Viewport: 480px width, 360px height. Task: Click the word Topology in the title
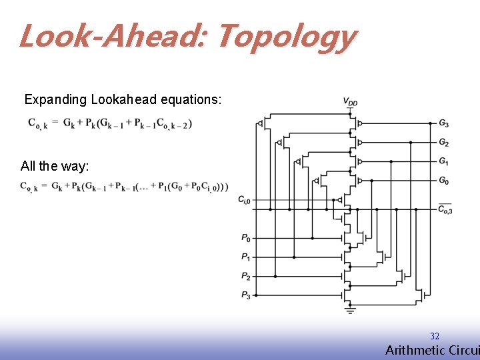287,37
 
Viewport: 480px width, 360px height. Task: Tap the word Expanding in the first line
55,100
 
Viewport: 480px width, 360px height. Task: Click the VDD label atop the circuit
350,102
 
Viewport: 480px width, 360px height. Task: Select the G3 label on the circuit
444,123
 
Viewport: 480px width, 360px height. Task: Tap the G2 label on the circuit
444,143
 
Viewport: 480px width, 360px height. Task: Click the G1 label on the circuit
444,161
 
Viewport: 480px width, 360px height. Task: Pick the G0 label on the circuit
444,180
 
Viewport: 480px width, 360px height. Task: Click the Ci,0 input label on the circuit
245,199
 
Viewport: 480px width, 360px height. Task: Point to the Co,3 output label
445,209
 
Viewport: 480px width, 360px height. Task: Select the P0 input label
246,237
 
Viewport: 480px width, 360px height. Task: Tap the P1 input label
246,257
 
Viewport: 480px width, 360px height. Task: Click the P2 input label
246,276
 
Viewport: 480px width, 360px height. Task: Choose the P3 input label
246,295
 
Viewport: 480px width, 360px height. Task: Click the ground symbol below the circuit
350,310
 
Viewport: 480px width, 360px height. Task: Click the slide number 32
435,337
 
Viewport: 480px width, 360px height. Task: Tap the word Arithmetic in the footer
409,351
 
